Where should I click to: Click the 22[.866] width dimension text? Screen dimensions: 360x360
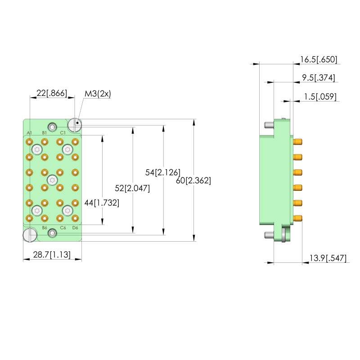[x=52, y=94]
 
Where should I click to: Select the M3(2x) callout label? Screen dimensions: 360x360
[x=98, y=94]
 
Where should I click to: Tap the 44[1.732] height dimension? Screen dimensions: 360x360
[x=102, y=203]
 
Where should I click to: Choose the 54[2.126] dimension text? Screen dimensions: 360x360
[x=163, y=172]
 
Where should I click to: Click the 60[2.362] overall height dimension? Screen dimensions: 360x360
[x=193, y=180]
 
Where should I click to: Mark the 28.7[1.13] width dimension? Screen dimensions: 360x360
[x=52, y=255]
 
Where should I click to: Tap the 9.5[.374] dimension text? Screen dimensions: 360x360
[x=318, y=78]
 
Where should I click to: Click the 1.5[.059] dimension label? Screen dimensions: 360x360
[x=319, y=97]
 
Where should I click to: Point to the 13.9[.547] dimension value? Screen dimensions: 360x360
[x=327, y=258]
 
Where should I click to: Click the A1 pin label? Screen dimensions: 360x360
[x=29, y=133]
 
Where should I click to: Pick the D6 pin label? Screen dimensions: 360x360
[x=75, y=228]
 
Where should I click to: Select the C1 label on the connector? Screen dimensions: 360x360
[x=63, y=133]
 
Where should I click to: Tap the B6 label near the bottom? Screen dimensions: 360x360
[x=45, y=228]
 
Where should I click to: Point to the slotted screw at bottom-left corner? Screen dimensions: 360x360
[x=29, y=235]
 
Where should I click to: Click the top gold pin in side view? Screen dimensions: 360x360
[x=297, y=142]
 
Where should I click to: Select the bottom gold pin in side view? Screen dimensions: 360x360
[x=297, y=218]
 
